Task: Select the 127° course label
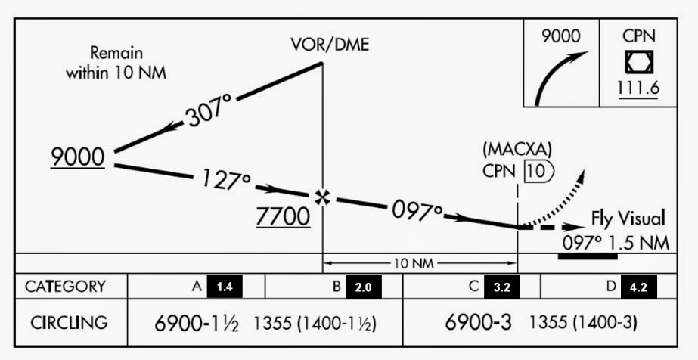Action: coord(226,181)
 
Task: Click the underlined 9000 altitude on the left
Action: coord(77,157)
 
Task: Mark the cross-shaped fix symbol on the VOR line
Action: coord(324,197)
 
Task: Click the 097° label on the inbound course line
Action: coord(417,210)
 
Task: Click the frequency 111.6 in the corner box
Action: coord(639,88)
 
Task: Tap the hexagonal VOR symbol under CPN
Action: coord(639,61)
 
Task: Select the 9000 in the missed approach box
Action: coord(563,36)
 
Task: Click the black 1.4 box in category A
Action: coord(225,287)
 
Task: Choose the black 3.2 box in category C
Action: coord(502,287)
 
